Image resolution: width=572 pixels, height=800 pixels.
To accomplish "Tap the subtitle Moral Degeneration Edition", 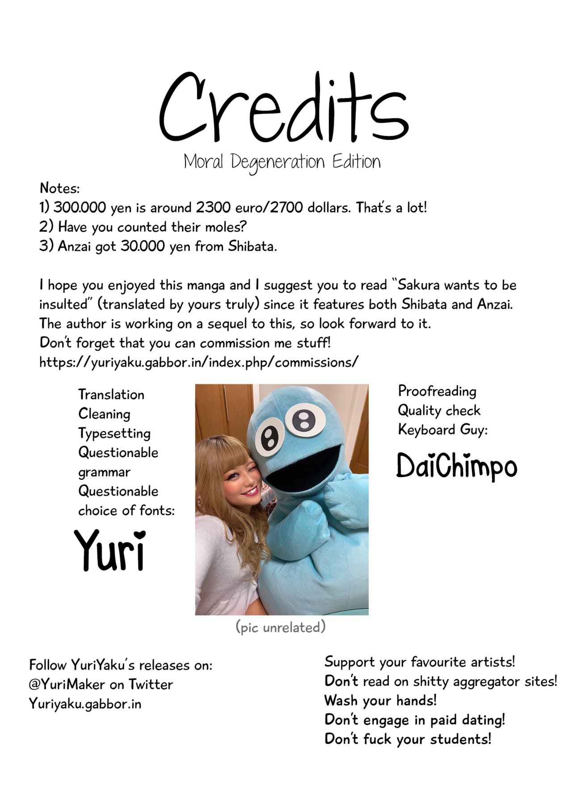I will (282, 162).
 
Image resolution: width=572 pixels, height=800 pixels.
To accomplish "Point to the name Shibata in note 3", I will (252, 246).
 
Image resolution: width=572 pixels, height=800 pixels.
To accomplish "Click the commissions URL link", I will (198, 362).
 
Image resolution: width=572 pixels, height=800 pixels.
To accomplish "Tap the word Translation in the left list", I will (111, 394).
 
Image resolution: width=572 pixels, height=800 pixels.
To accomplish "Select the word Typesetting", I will (114, 433).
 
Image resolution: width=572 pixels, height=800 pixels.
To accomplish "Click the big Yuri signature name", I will (110, 550).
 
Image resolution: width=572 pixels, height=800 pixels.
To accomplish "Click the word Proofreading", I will (437, 391).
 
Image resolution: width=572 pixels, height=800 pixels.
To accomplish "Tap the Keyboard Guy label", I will (442, 430).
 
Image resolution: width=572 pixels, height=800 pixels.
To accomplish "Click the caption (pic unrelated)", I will (281, 627).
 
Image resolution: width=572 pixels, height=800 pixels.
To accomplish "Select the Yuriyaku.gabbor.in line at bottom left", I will (85, 704).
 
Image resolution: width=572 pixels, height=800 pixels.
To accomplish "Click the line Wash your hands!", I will (380, 700).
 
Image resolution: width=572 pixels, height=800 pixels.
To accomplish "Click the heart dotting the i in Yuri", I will (140, 534).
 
